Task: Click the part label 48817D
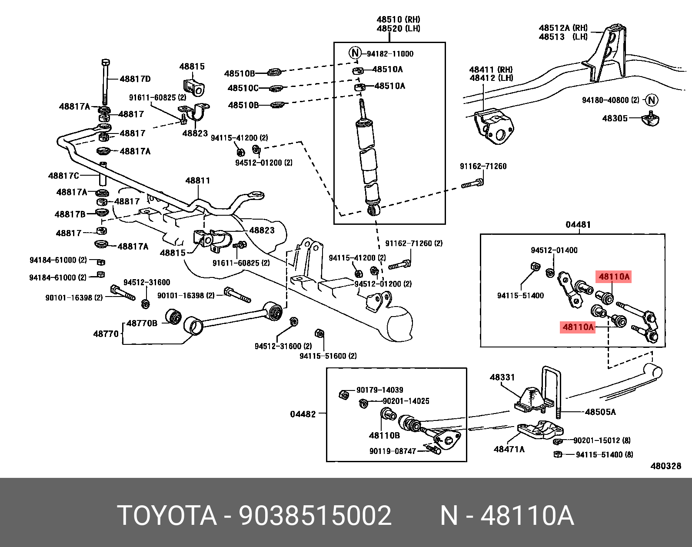[x=135, y=79]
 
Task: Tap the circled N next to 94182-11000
[x=355, y=53]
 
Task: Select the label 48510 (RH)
[x=398, y=20]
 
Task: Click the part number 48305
[x=615, y=118]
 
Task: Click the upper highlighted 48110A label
[x=614, y=277]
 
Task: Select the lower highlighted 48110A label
[x=578, y=327]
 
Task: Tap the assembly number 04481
[x=578, y=225]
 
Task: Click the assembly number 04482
[x=303, y=414]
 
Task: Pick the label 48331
[x=502, y=377]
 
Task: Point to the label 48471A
[x=509, y=449]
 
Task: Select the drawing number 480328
[x=665, y=466]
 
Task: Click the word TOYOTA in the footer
[x=167, y=516]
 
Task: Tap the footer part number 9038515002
[x=315, y=516]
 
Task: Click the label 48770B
[x=142, y=323]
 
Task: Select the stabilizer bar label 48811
[x=197, y=180]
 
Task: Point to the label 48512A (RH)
[x=563, y=28]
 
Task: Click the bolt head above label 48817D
[x=105, y=63]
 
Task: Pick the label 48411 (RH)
[x=491, y=70]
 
